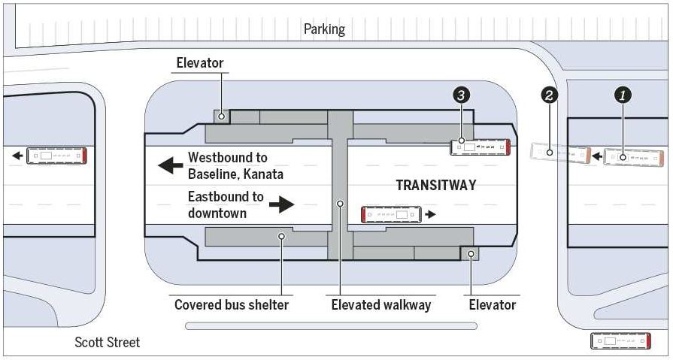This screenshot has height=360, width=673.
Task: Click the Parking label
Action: click(324, 29)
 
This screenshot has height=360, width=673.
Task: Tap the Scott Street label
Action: click(107, 343)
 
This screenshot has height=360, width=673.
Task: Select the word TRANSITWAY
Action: click(435, 185)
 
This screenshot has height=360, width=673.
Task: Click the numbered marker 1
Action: click(623, 95)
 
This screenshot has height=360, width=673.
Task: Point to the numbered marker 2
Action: click(550, 95)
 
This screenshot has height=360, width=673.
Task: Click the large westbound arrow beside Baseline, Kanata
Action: click(171, 165)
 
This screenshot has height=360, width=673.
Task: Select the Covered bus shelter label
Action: click(232, 304)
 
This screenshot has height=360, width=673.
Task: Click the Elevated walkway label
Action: click(381, 304)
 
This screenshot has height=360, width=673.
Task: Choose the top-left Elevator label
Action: click(200, 63)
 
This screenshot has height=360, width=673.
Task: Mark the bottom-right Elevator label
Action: click(493, 304)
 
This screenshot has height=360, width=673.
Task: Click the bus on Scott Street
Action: click(620, 341)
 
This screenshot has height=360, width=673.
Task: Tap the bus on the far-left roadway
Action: click(57, 156)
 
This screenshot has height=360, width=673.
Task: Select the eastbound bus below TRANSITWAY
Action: click(390, 215)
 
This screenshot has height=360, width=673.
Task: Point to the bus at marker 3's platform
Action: click(480, 147)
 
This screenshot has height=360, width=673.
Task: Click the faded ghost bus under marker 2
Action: click(560, 153)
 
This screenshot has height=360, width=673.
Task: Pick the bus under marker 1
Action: click(635, 158)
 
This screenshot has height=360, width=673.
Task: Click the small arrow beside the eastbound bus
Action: click(430, 215)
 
